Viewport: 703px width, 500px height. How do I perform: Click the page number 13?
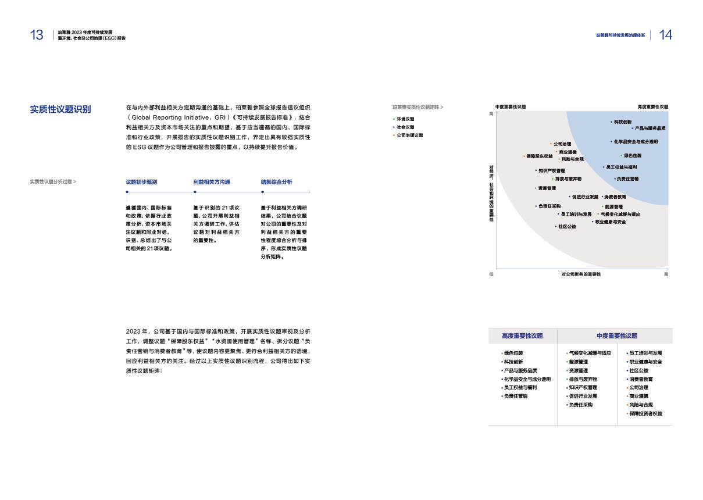pyautogui.click(x=36, y=35)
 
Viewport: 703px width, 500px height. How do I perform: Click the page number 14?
pyautogui.click(x=666, y=35)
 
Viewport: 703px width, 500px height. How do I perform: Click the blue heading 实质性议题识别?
pyautogui.click(x=60, y=109)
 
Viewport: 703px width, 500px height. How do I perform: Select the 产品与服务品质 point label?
pyautogui.click(x=650, y=128)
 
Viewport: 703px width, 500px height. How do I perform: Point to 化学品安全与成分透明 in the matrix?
pyautogui.click(x=636, y=141)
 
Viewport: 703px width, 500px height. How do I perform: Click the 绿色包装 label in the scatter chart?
pyautogui.click(x=633, y=155)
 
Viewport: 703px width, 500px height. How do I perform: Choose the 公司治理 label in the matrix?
pyautogui.click(x=562, y=144)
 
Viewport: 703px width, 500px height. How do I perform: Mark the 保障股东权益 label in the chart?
pyautogui.click(x=540, y=156)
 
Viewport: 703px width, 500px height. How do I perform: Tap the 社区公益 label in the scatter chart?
pyautogui.click(x=567, y=226)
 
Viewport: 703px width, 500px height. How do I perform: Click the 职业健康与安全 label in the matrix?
pyautogui.click(x=611, y=222)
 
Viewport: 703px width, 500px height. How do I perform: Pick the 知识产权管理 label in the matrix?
pyautogui.click(x=551, y=170)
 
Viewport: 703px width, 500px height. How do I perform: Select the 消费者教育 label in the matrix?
pyautogui.click(x=615, y=197)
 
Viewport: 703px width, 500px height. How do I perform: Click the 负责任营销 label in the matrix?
pyautogui.click(x=628, y=178)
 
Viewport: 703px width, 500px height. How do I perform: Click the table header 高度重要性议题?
pyautogui.click(x=522, y=336)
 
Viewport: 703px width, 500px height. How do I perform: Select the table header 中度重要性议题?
pyautogui.click(x=617, y=336)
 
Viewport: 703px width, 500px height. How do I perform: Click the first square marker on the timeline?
pyautogui.click(x=127, y=192)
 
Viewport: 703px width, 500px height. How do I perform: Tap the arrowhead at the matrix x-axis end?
pyautogui.click(x=667, y=268)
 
